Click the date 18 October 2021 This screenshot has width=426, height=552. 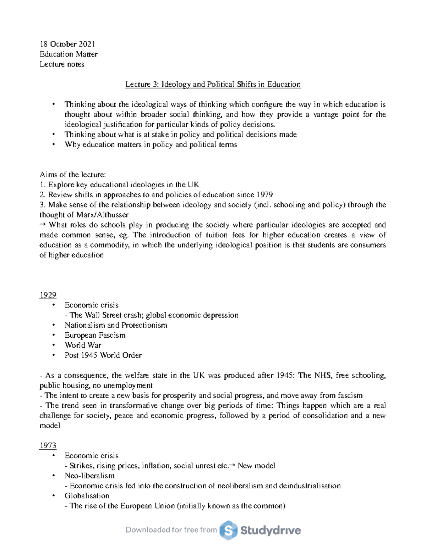[67, 44]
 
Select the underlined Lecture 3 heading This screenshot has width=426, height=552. [213, 84]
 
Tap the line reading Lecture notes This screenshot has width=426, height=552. [62, 64]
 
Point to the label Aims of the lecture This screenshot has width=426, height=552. [72, 175]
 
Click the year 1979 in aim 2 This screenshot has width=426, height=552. [264, 195]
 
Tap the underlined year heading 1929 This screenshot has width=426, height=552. [48, 295]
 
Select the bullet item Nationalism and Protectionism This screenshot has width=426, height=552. [116, 325]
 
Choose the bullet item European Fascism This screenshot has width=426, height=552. [95, 335]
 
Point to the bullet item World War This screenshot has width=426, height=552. [83, 345]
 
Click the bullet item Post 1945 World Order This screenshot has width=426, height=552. [103, 355]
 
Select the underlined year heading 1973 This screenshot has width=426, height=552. [48, 446]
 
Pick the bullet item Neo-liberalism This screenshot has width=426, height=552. [89, 476]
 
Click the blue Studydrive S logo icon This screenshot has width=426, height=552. [228, 530]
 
